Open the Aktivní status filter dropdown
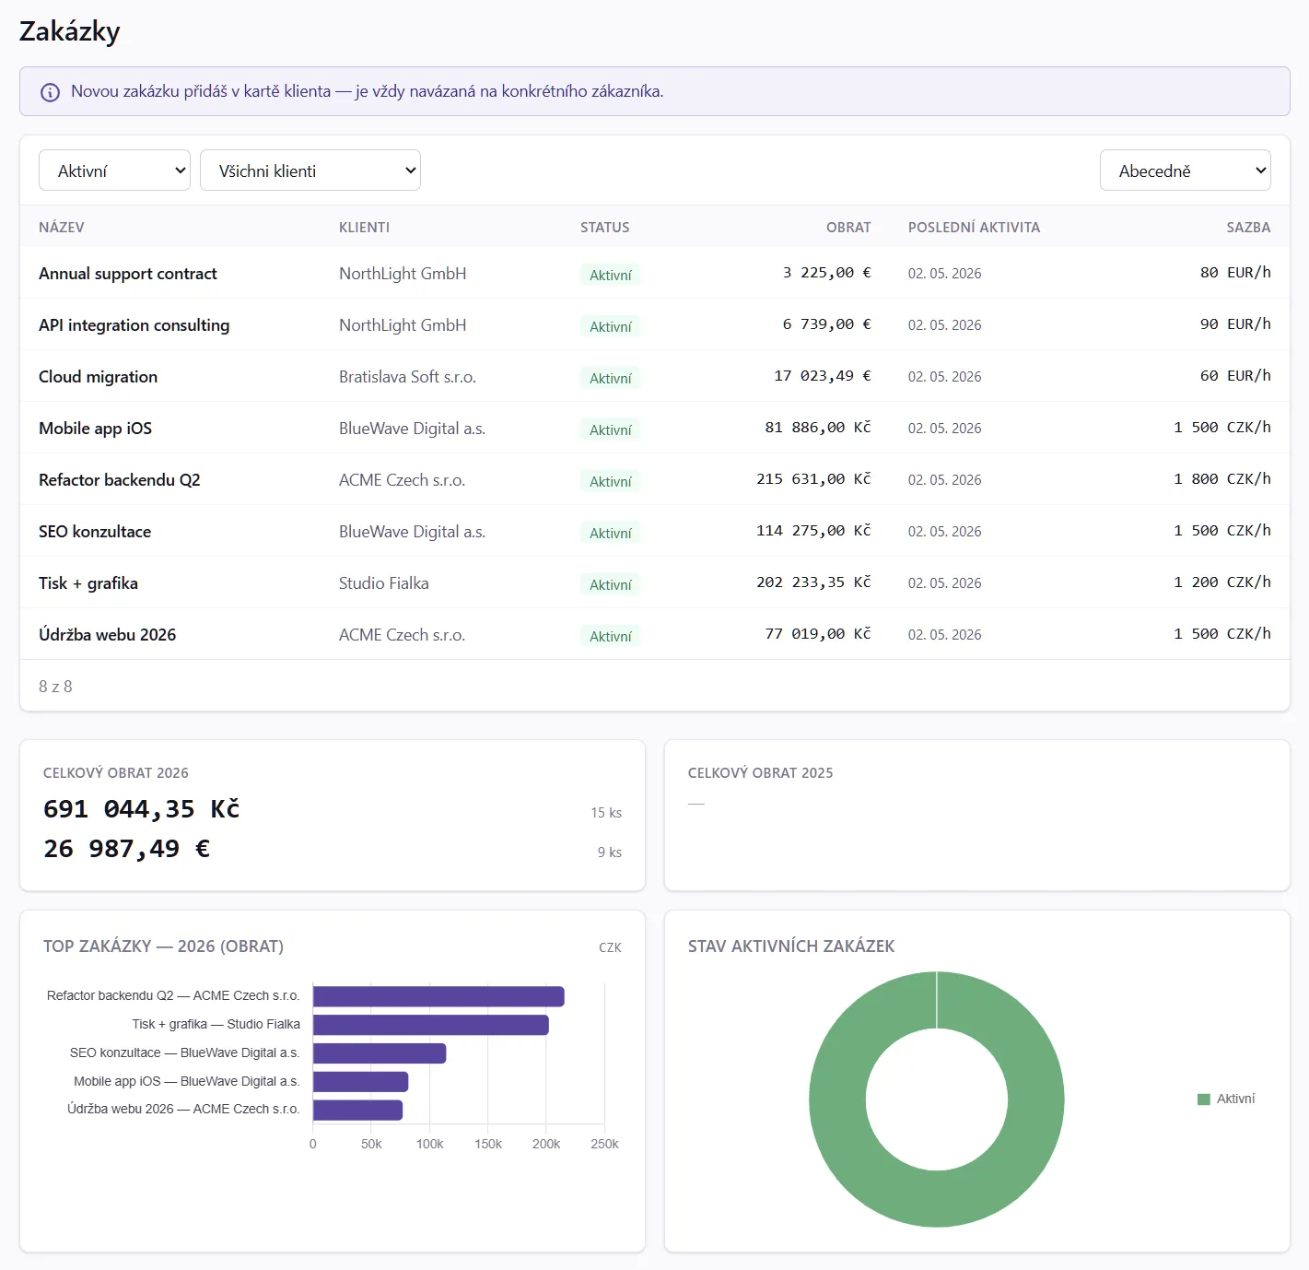pyautogui.click(x=114, y=171)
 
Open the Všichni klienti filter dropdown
pyautogui.click(x=310, y=171)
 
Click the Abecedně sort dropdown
pyautogui.click(x=1185, y=171)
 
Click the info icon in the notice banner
pyautogui.click(x=50, y=92)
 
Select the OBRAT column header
pyautogui.click(x=848, y=228)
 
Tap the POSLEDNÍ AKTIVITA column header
pyautogui.click(x=974, y=228)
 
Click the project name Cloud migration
pyautogui.click(x=99, y=377)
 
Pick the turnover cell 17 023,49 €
pyautogui.click(x=822, y=375)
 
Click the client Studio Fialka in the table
pyautogui.click(x=383, y=582)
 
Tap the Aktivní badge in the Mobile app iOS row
pyautogui.click(x=610, y=429)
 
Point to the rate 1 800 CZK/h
pyautogui.click(x=1221, y=478)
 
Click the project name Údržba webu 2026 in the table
pyautogui.click(x=107, y=635)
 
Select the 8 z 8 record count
pyautogui.click(x=55, y=687)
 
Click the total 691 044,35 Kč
pyautogui.click(x=141, y=809)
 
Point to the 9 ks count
pyautogui.click(x=610, y=853)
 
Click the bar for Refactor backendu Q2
pyautogui.click(x=438, y=996)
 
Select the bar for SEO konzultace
pyautogui.click(x=380, y=1053)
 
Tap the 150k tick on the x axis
pyautogui.click(x=487, y=1144)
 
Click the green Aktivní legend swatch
pyautogui.click(x=1203, y=1099)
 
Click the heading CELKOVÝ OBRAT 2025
pyautogui.click(x=760, y=772)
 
